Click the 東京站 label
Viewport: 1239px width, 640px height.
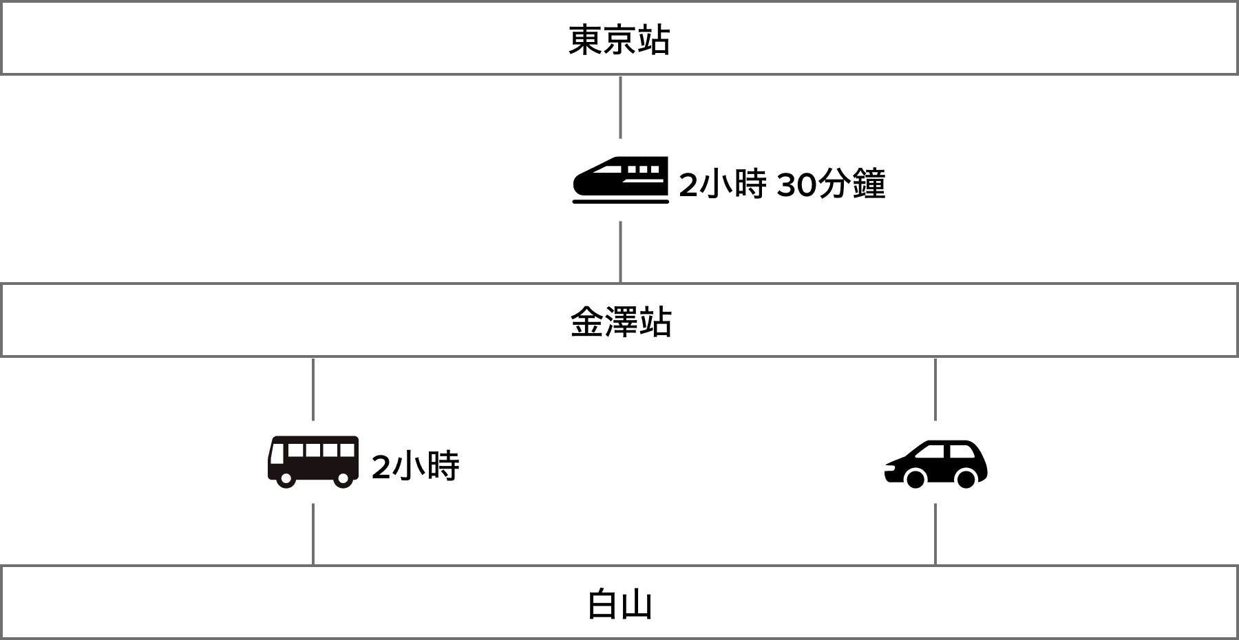[619, 40]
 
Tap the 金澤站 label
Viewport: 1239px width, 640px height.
[620, 322]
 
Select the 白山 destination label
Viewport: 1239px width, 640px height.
[619, 604]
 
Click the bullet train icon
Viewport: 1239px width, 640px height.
[620, 180]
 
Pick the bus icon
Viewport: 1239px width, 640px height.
[313, 462]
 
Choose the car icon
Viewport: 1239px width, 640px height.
[935, 462]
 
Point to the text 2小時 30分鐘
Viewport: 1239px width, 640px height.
[782, 184]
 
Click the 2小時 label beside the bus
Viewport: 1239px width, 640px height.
[415, 467]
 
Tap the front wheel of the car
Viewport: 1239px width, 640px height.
[915, 478]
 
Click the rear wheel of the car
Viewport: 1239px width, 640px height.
[966, 478]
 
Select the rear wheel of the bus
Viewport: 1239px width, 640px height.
[342, 478]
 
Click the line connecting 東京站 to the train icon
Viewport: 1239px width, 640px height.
[621, 107]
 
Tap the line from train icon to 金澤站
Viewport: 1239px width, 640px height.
[621, 252]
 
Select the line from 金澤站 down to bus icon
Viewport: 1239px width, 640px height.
[313, 389]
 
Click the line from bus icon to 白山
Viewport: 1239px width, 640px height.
[313, 534]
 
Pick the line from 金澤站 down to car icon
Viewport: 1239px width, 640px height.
[935, 389]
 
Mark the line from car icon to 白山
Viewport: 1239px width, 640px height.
[935, 534]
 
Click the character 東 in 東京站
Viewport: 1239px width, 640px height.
[584, 40]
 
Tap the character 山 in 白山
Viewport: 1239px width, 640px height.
[637, 604]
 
